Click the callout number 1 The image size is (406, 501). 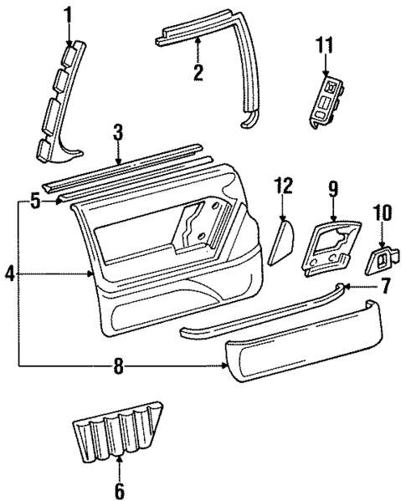69,14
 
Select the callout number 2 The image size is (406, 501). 198,73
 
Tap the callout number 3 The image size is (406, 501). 118,132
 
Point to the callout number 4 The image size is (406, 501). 9,273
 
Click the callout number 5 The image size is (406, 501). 34,201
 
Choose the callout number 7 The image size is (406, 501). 385,287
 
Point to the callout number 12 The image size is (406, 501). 284,185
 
